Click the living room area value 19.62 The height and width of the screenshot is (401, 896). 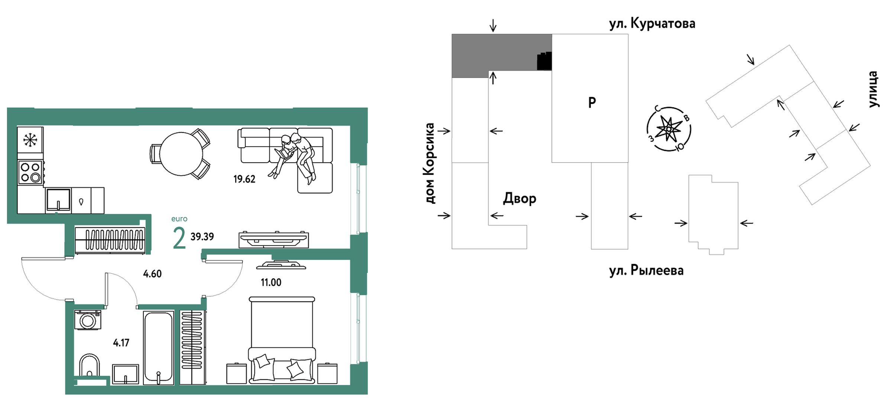click(244, 179)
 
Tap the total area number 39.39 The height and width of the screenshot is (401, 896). click(202, 237)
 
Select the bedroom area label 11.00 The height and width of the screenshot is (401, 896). click(271, 282)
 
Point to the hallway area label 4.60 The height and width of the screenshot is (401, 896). click(152, 274)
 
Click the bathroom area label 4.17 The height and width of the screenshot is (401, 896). click(121, 342)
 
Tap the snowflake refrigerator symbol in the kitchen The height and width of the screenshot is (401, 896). click(30, 140)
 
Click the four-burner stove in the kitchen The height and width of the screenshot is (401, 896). click(30, 172)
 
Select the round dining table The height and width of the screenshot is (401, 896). click(181, 154)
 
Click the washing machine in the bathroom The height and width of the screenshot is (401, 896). click(88, 320)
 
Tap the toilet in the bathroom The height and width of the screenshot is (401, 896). click(90, 365)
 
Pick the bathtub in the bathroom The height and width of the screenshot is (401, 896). click(159, 347)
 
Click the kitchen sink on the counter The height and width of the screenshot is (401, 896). click(58, 200)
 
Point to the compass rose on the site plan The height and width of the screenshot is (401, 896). click(669, 129)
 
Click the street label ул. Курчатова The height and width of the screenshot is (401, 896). click(652, 24)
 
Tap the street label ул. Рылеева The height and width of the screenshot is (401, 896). click(646, 270)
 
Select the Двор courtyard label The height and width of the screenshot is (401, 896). click(519, 199)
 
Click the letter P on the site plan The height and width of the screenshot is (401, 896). click(592, 102)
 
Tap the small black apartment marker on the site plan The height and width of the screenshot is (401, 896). click(544, 62)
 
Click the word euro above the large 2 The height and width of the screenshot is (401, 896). click(179, 219)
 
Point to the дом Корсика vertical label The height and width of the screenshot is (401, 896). click(430, 163)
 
